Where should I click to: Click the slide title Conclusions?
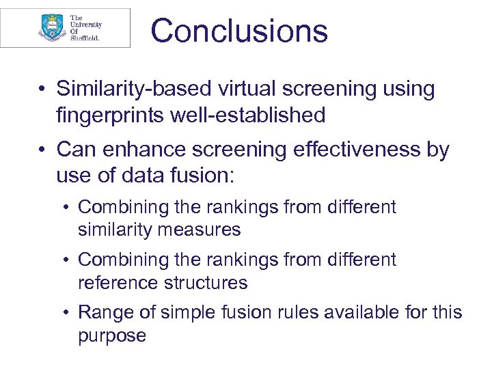click(x=239, y=31)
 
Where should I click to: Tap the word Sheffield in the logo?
click(x=85, y=38)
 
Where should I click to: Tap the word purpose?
click(x=112, y=336)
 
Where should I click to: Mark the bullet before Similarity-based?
click(x=42, y=90)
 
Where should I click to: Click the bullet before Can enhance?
click(x=42, y=150)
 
